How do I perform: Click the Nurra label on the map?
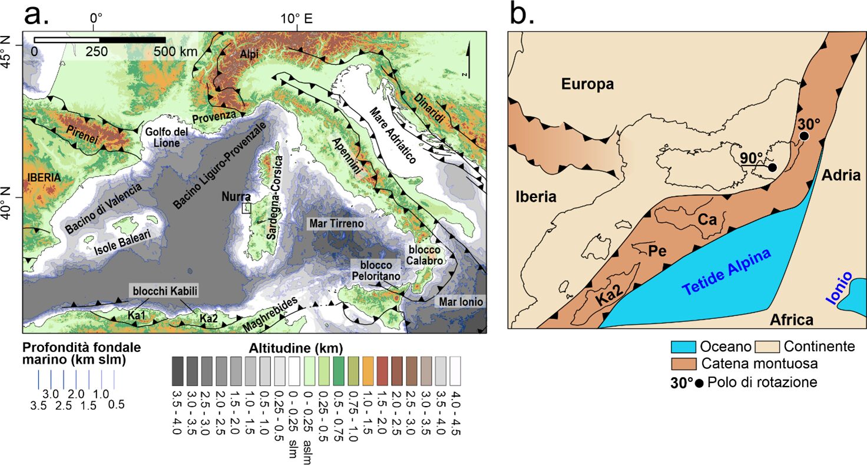click(x=236, y=197)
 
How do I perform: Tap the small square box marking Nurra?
click(x=247, y=208)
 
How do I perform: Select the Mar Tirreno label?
click(x=336, y=224)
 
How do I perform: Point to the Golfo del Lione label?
click(x=167, y=137)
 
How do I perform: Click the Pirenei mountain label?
click(x=82, y=134)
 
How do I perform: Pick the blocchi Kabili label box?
click(x=165, y=291)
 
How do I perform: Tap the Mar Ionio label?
click(x=461, y=302)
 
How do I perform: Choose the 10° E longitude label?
click(x=296, y=19)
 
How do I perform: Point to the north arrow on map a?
click(x=469, y=60)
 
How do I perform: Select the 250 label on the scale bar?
click(x=97, y=51)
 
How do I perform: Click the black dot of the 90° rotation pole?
click(x=772, y=167)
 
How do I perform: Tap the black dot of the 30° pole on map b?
click(x=805, y=136)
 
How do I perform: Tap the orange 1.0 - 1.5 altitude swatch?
click(x=369, y=371)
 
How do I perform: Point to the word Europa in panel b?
click(x=588, y=84)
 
